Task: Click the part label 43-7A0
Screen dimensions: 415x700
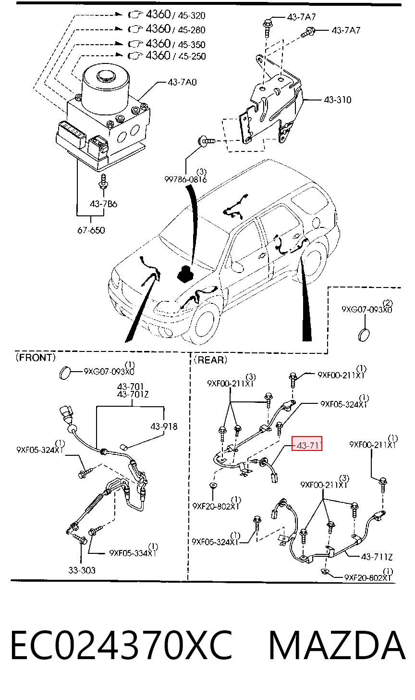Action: click(182, 82)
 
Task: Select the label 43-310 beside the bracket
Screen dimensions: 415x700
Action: click(338, 100)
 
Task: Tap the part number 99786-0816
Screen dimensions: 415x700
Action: click(185, 179)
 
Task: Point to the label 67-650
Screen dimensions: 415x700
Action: click(91, 230)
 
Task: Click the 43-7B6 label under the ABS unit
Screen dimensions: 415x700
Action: click(103, 204)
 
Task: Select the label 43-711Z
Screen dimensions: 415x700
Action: click(377, 557)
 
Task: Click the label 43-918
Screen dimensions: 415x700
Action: click(164, 426)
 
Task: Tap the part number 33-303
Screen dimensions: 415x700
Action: click(82, 570)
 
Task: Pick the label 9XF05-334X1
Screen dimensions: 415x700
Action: click(133, 553)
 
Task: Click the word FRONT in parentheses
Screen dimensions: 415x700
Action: click(36, 357)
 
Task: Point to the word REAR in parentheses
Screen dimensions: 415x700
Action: click(210, 360)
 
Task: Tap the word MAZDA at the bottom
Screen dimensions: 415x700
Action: click(337, 645)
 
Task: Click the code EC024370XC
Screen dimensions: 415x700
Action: click(122, 645)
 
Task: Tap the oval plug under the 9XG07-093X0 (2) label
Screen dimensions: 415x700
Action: click(364, 335)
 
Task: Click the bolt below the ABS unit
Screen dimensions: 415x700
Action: click(103, 181)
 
